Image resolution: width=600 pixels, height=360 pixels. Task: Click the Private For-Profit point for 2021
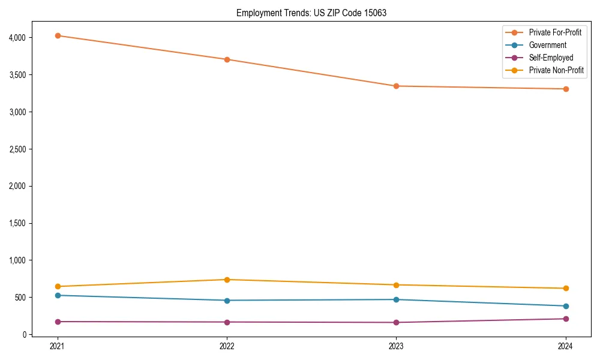tap(58, 35)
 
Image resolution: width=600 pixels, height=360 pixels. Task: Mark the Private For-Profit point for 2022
tap(227, 59)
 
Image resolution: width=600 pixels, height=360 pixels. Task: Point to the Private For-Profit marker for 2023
tap(396, 86)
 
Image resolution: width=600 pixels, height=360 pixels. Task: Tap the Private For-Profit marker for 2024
tap(565, 89)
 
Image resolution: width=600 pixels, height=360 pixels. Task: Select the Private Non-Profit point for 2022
tap(227, 280)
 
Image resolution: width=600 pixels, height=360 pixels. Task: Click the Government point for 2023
tap(396, 299)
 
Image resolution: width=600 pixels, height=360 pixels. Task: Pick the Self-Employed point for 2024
tap(565, 319)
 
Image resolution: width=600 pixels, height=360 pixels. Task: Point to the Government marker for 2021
tap(58, 295)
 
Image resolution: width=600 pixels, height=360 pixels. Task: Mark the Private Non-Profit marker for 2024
tap(565, 289)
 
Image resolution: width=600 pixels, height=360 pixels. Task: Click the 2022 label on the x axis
tap(227, 346)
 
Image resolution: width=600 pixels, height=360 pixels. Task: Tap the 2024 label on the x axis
tap(565, 346)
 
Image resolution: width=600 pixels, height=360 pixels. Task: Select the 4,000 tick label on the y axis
tap(17, 38)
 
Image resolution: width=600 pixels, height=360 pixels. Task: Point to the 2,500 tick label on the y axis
tap(17, 149)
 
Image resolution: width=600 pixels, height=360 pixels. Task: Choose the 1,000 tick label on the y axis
tap(17, 260)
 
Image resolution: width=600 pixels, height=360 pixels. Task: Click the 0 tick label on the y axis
tap(24, 334)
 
